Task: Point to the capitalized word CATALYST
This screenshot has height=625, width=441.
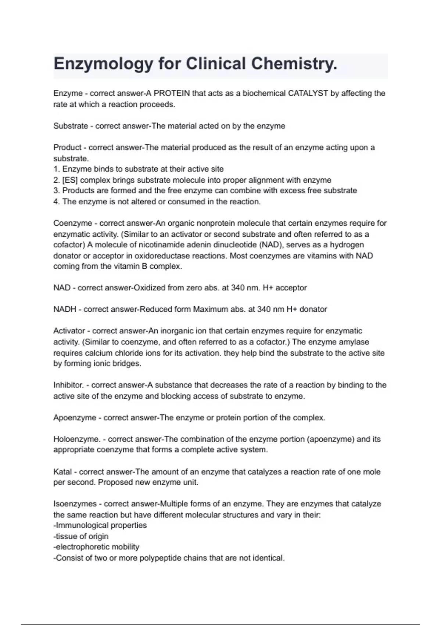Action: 308,93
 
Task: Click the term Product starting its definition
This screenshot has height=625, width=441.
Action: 67,147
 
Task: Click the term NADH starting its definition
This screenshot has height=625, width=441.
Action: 65,309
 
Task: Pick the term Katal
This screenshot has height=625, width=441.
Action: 62,472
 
